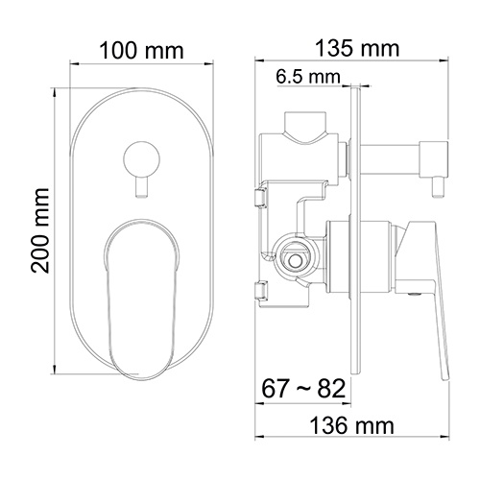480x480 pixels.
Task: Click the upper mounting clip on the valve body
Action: coord(259,197)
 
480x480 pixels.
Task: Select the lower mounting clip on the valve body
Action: coord(259,291)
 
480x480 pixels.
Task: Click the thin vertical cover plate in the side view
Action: coord(357,230)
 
